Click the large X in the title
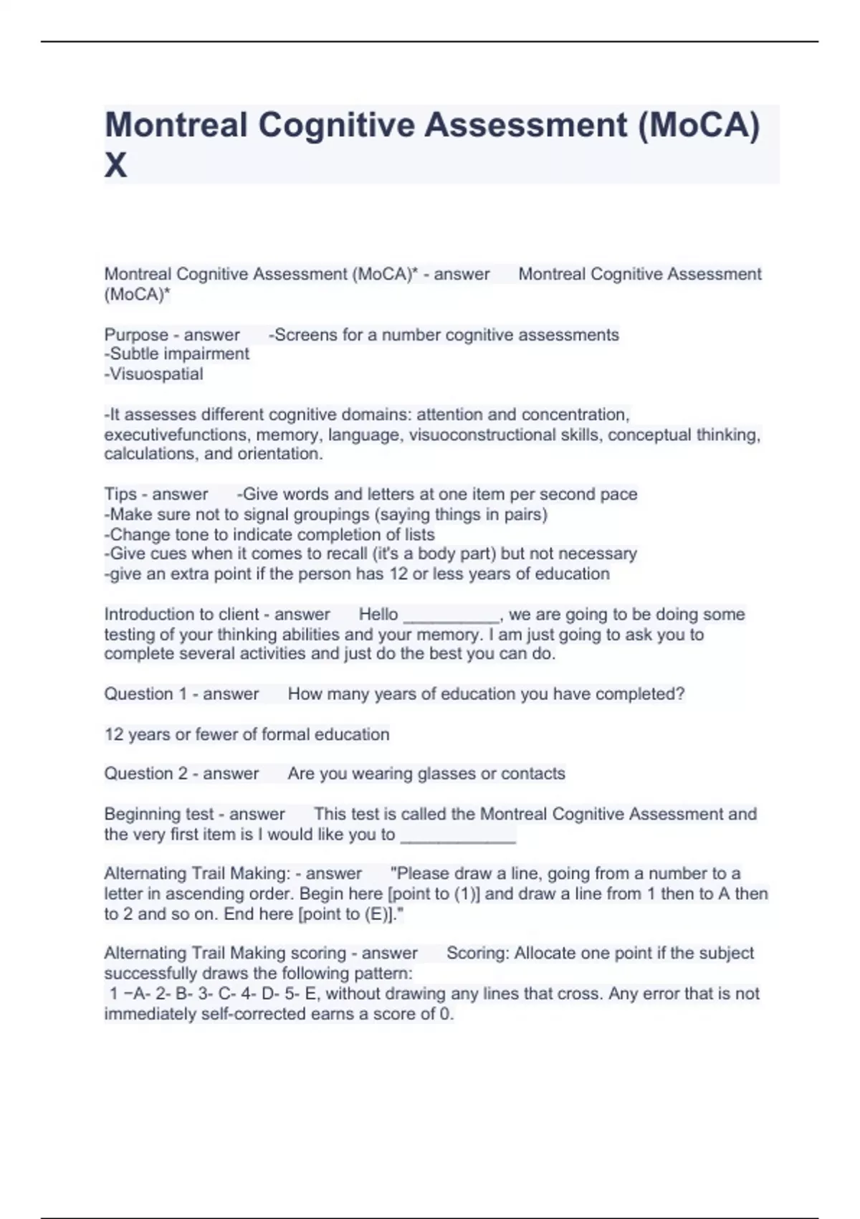[x=116, y=166]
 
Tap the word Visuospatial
[x=156, y=374]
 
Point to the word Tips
[x=120, y=494]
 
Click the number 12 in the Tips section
[x=398, y=574]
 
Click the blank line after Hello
[x=451, y=615]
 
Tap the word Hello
[x=378, y=615]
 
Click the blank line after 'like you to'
[x=458, y=836]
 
